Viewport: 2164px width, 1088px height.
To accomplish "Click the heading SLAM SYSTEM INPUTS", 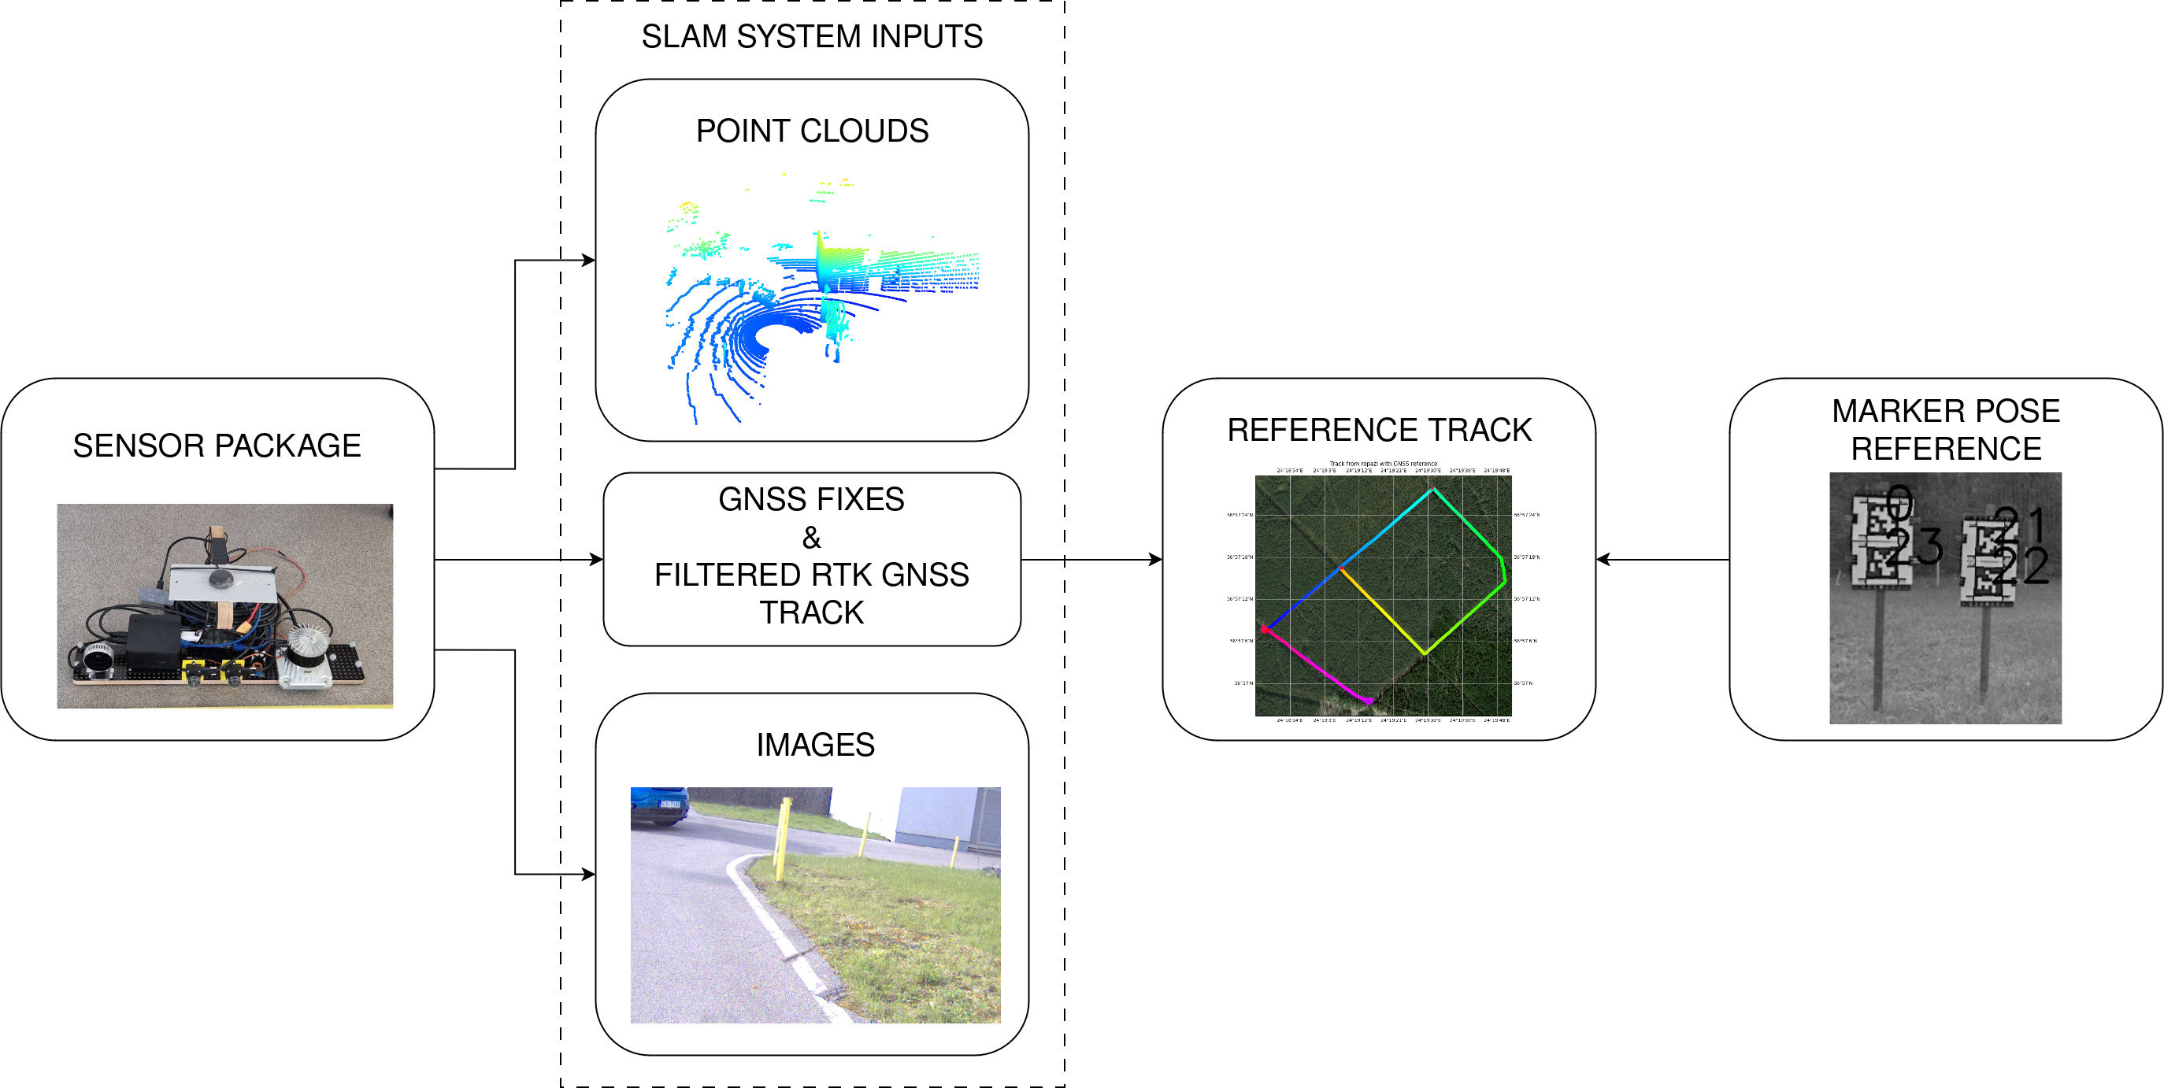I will pos(811,37).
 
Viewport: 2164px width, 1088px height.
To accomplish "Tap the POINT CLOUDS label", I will pos(811,131).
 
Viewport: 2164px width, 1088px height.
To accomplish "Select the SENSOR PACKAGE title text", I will pos(217,446).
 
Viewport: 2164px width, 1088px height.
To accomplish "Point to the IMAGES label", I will pos(815,745).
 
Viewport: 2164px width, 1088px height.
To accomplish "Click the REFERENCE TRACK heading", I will pos(1380,430).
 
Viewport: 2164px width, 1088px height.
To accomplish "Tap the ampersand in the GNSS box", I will pos(811,537).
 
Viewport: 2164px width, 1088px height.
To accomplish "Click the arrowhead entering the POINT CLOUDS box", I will pos(589,261).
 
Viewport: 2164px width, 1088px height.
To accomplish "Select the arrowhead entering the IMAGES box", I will pos(589,875).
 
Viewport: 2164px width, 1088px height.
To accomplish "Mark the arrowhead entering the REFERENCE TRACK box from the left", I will pos(1156,560).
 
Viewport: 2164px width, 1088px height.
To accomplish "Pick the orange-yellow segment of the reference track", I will pos(1382,611).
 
